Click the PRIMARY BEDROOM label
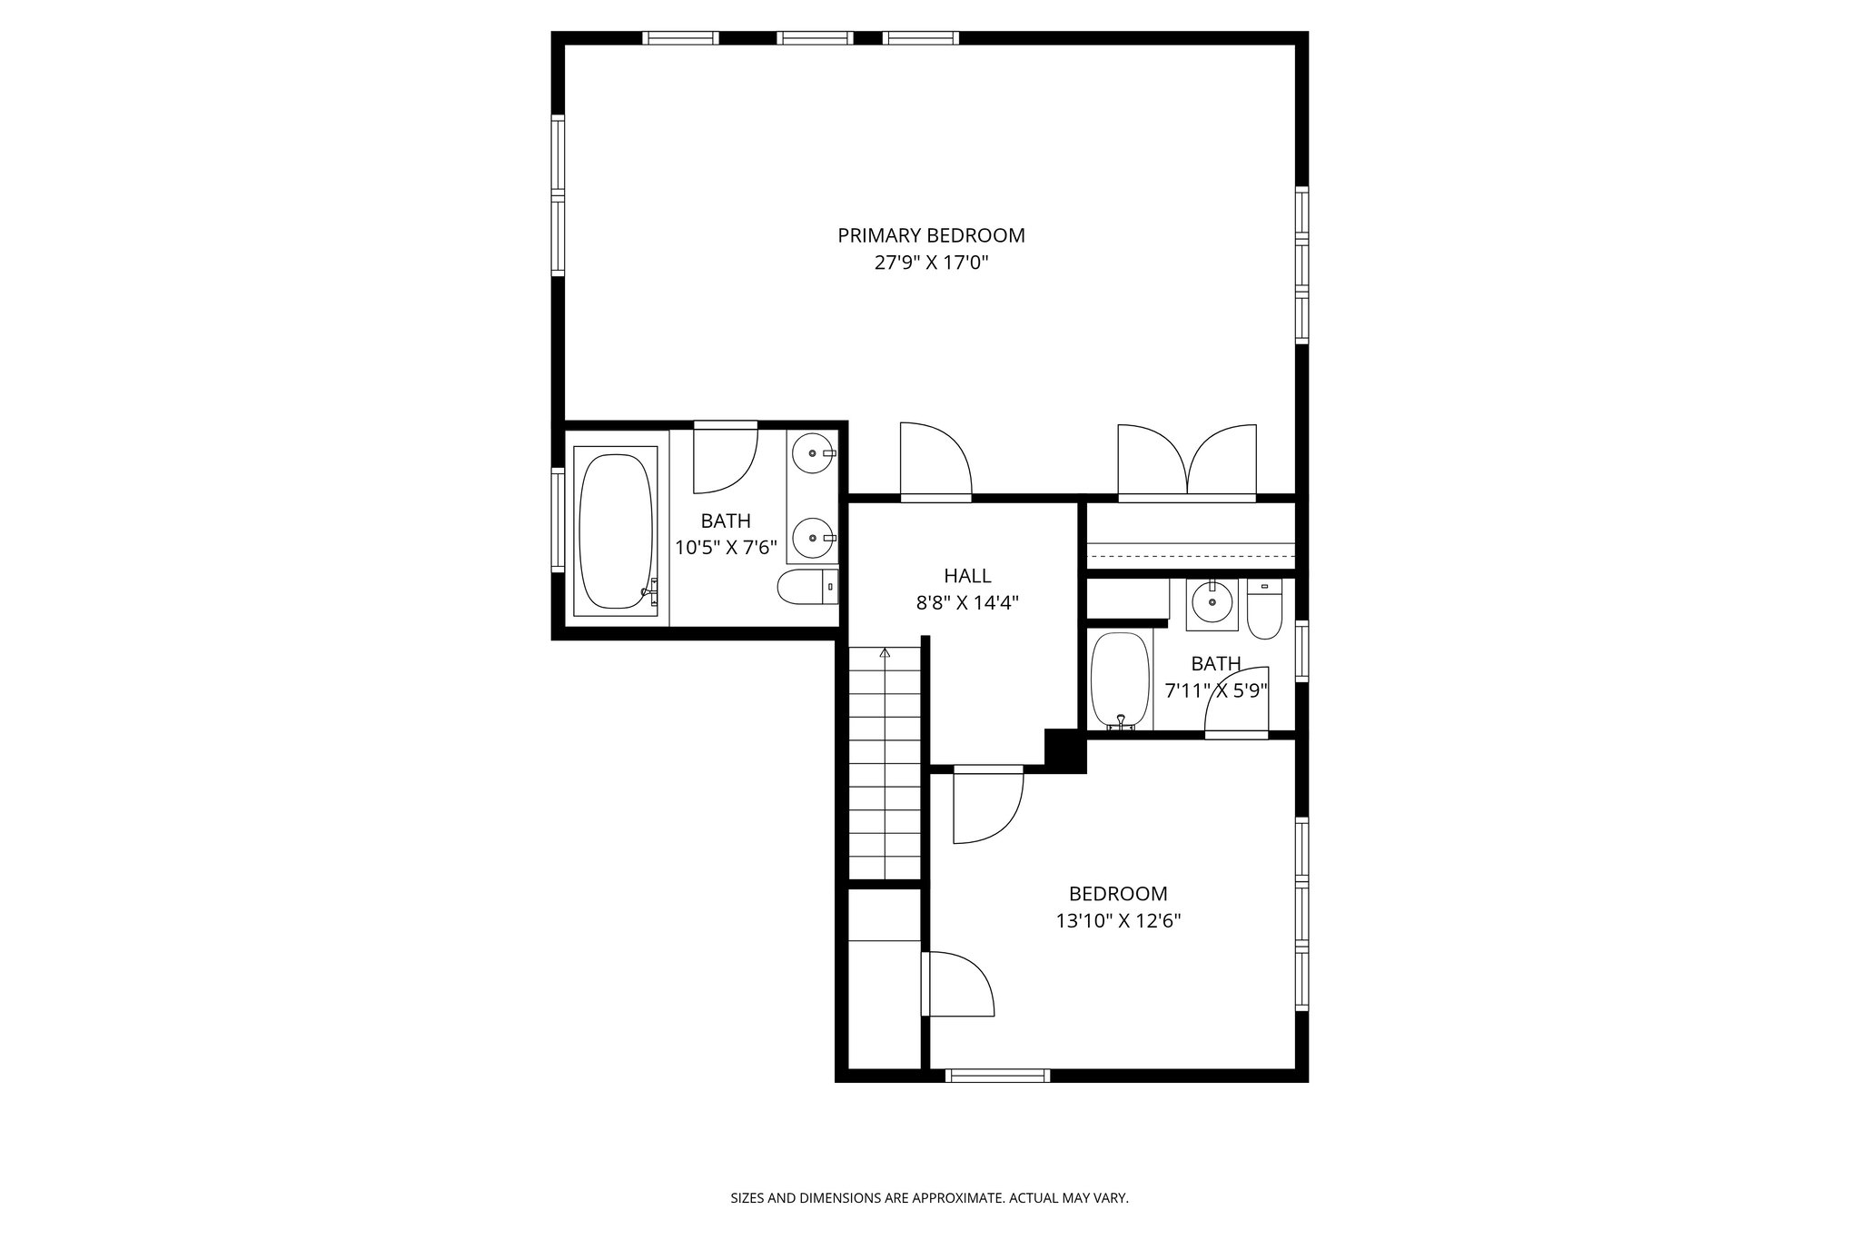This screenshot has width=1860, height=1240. click(x=931, y=235)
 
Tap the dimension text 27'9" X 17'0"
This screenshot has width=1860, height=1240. click(x=931, y=263)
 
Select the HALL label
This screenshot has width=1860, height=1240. click(x=967, y=575)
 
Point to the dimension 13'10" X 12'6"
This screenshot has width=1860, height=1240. click(x=1117, y=921)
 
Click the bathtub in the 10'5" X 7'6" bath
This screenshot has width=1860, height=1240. click(x=616, y=531)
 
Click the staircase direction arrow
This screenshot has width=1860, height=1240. click(x=885, y=652)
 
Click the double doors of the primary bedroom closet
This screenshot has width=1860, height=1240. click(x=1187, y=461)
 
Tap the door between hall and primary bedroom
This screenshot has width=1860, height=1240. click(x=935, y=461)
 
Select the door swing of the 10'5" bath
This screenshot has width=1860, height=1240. click(x=725, y=459)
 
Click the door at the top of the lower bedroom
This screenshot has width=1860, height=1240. click(x=988, y=805)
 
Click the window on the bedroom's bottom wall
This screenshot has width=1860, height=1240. click(x=997, y=1076)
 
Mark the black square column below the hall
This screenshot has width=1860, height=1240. click(x=1065, y=750)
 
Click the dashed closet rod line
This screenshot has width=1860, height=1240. click(x=1191, y=555)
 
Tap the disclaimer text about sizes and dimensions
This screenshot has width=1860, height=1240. click(x=929, y=1198)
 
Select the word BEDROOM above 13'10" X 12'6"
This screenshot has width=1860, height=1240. click(x=1117, y=894)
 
